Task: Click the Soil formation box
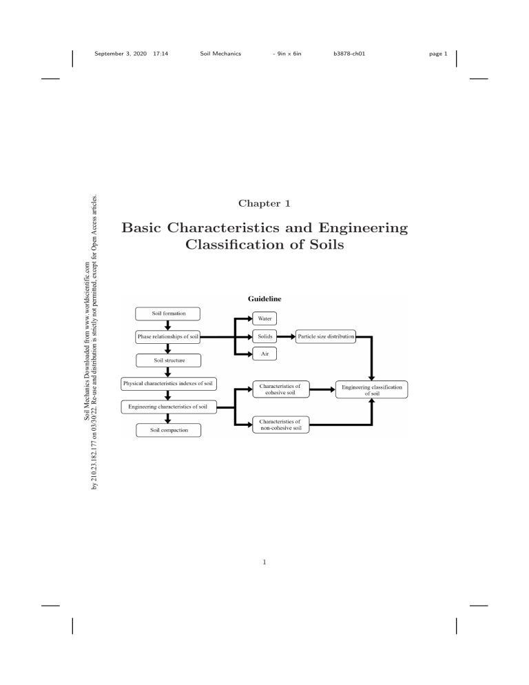167,314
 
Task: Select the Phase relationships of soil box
167,337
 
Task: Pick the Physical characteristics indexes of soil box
167,383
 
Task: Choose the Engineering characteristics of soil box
167,407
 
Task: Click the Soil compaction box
167,430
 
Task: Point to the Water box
265,319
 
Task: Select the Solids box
265,337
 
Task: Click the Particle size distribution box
326,337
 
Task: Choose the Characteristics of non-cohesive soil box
280,424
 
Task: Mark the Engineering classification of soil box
372,390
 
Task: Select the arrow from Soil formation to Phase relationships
167,325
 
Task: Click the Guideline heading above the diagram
264,299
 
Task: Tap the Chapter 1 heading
264,203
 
